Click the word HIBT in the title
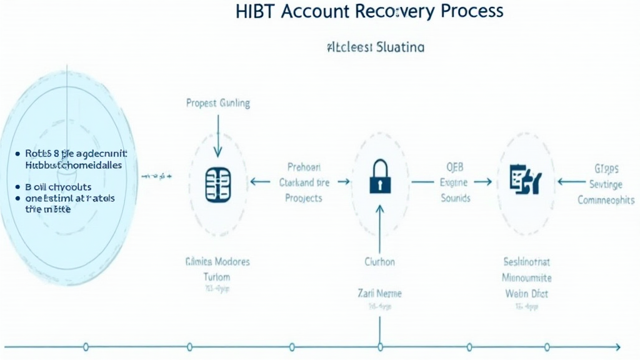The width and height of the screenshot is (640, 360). pos(257,11)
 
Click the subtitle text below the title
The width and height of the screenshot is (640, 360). pos(375,47)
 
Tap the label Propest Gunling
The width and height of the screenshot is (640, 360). pos(218,103)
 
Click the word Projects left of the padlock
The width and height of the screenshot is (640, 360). pos(304,197)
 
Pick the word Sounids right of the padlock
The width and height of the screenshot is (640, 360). pos(455,197)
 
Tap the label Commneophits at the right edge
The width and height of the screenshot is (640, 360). pos(606,200)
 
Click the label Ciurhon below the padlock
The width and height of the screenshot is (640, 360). pos(379,262)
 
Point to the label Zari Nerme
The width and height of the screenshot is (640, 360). pos(379,293)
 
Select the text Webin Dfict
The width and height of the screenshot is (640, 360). pos(527,293)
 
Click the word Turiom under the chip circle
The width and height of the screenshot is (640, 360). pos(217,277)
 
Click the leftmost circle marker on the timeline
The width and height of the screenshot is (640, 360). pos(86,347)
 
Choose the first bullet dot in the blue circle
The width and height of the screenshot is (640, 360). pos(16,153)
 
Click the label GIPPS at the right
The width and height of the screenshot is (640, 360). pos(606,168)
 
